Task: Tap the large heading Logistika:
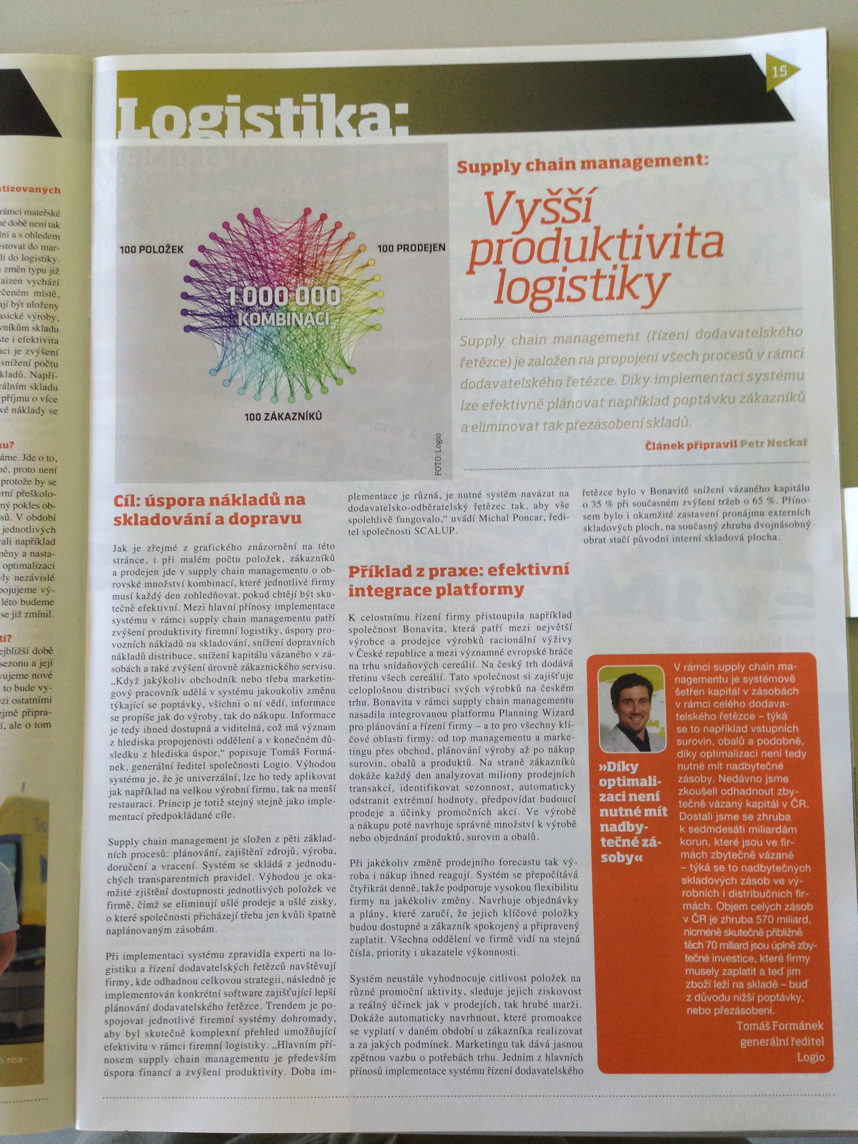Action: [261, 118]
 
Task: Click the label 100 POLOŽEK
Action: [151, 249]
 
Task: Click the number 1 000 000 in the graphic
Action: [284, 297]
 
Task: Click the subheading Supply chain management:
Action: [581, 166]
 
